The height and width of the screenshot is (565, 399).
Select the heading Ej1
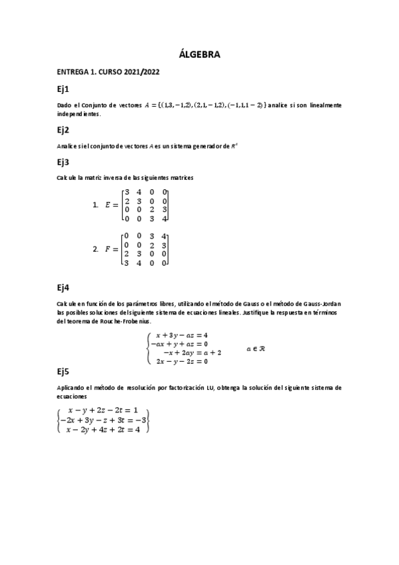point(63,89)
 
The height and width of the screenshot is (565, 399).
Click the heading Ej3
point(63,162)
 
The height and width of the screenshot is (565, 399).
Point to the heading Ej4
point(64,287)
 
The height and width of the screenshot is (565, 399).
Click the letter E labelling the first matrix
point(108,205)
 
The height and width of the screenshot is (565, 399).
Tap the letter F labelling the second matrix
point(108,249)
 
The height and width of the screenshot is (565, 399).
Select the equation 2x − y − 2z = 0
point(182,361)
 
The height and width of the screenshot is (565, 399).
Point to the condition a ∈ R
point(256,348)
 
